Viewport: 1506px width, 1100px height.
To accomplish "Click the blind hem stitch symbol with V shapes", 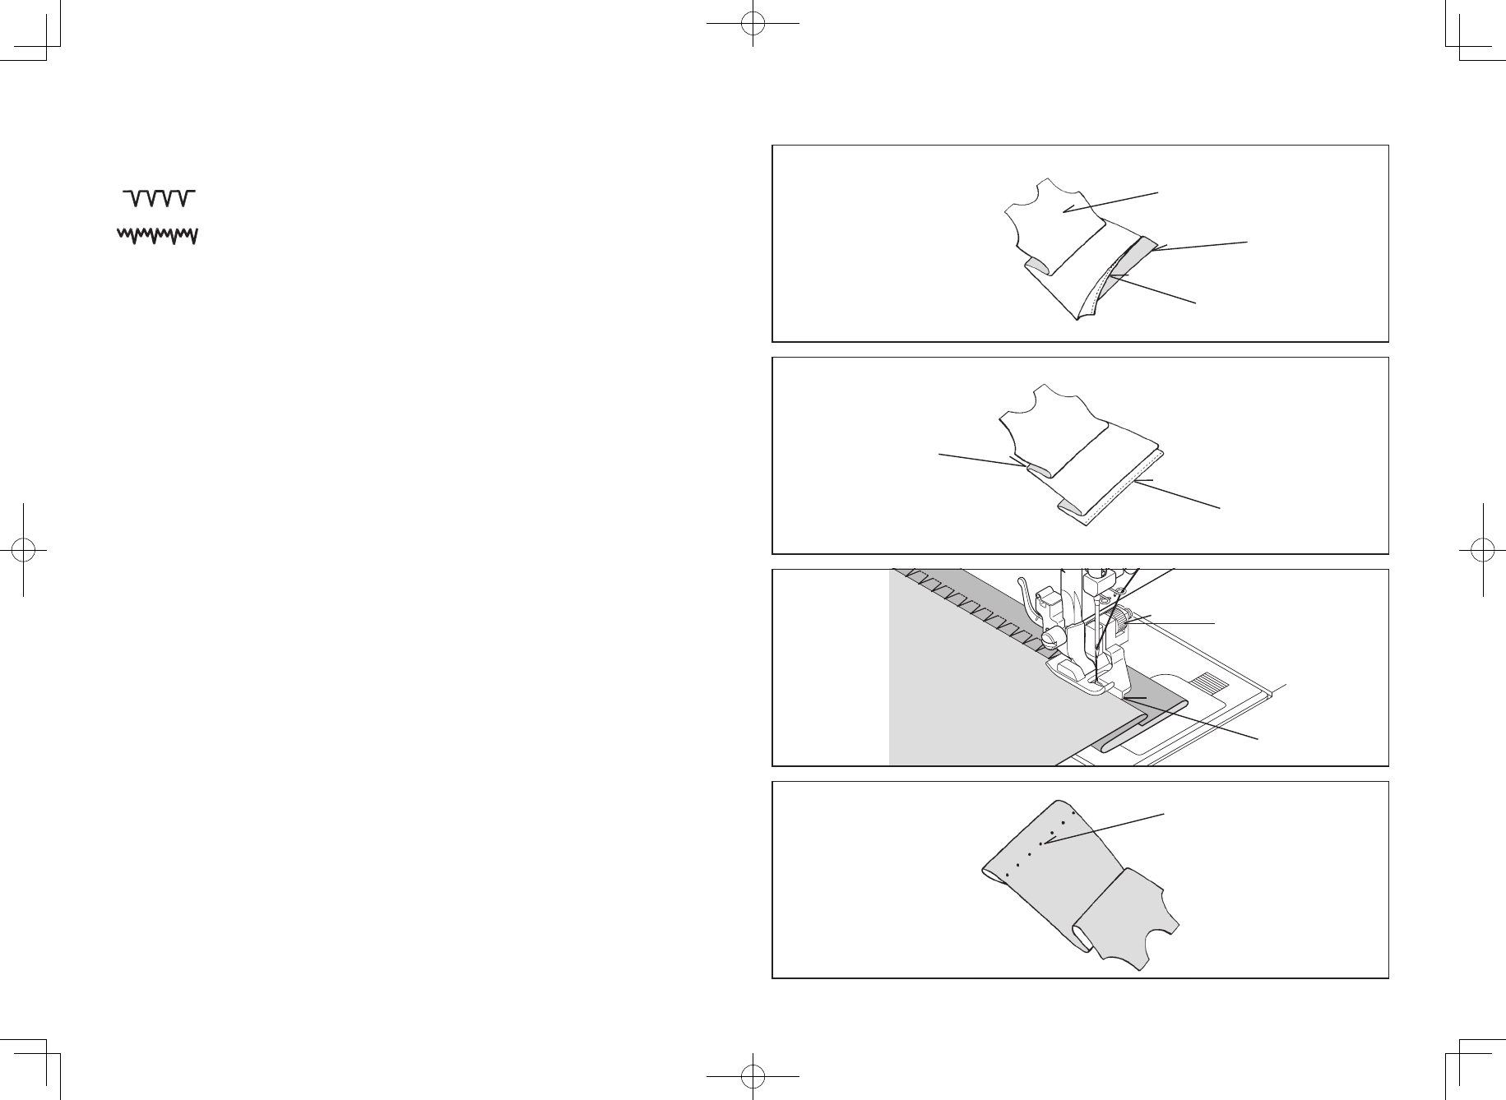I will (x=159, y=197).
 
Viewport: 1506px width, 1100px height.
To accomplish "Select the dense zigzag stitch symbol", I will (x=157, y=236).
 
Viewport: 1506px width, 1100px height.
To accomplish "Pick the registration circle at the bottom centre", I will (x=753, y=1076).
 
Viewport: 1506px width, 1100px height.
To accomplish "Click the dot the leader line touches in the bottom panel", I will (x=1041, y=843).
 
